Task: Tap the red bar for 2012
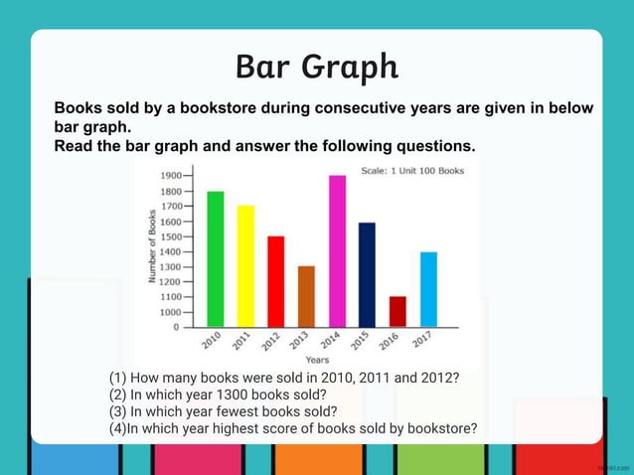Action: (x=275, y=281)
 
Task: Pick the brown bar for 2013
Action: (x=306, y=296)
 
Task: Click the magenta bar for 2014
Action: (x=337, y=250)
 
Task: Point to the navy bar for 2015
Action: (x=366, y=274)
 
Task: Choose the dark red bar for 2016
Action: (x=397, y=311)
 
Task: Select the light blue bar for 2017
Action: (x=428, y=289)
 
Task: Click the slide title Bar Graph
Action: (x=317, y=67)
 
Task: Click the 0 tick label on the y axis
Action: (x=176, y=327)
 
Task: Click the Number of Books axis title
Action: (x=152, y=247)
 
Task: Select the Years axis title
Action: (x=318, y=359)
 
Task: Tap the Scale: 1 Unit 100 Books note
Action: (x=411, y=170)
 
